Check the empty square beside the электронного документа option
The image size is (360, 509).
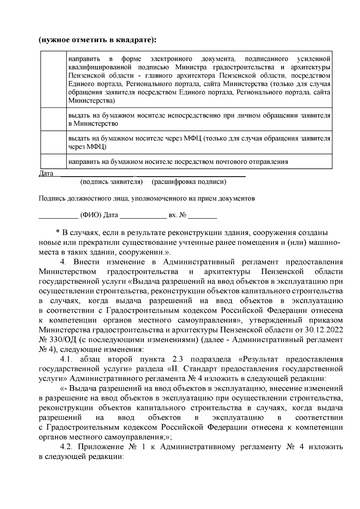click(53, 79)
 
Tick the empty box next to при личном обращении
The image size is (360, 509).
click(53, 119)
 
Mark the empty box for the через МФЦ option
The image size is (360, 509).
click(53, 142)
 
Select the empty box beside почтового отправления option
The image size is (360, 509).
click(53, 162)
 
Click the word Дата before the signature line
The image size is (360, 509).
click(46, 174)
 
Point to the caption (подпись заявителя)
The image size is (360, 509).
click(112, 182)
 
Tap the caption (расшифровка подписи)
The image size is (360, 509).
click(189, 182)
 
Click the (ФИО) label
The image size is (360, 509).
click(90, 216)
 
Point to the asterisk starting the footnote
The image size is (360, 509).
click(58, 233)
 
